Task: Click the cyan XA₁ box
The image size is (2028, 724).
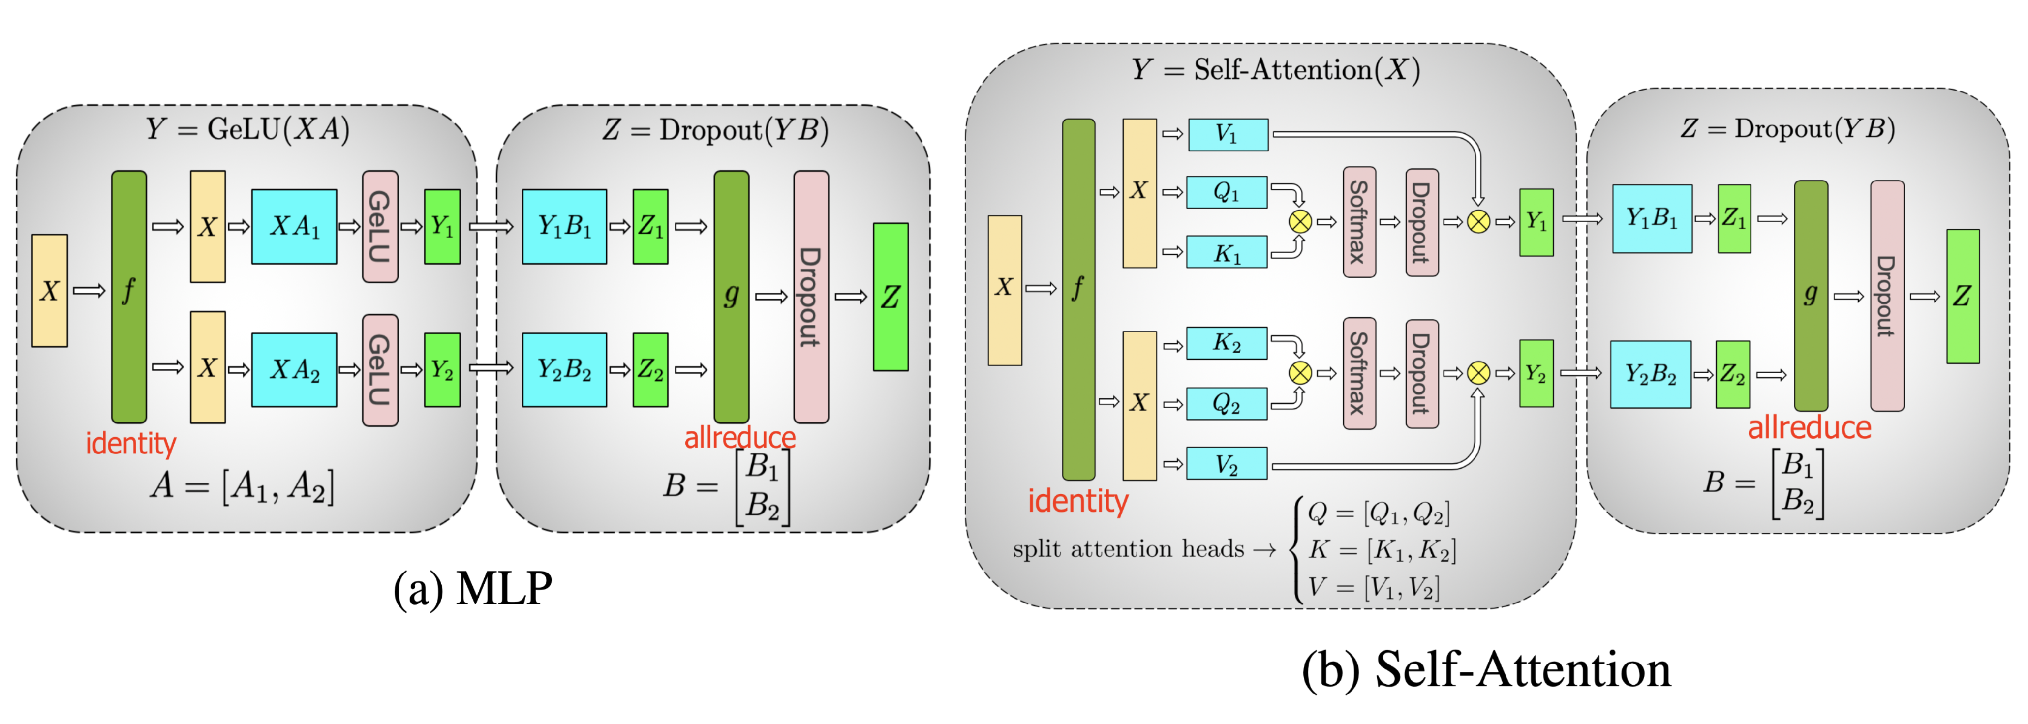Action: pyautogui.click(x=294, y=227)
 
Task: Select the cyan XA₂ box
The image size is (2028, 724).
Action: pyautogui.click(x=294, y=369)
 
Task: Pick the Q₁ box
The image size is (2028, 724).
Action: pyautogui.click(x=1227, y=192)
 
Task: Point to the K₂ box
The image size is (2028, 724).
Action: pyautogui.click(x=1227, y=343)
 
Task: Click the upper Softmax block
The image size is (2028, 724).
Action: pyautogui.click(x=1359, y=222)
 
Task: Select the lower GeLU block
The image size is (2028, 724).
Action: pyautogui.click(x=379, y=370)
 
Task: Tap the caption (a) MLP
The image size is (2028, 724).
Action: pyautogui.click(x=472, y=589)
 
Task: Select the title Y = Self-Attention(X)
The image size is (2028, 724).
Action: pyautogui.click(x=1275, y=70)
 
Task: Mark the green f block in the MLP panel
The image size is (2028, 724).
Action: pyautogui.click(x=129, y=296)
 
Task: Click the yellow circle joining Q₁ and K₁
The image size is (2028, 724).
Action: pyautogui.click(x=1300, y=222)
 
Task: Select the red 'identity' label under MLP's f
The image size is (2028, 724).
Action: pyautogui.click(x=131, y=444)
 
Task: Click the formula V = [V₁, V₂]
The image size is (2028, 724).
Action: pyautogui.click(x=1374, y=587)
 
